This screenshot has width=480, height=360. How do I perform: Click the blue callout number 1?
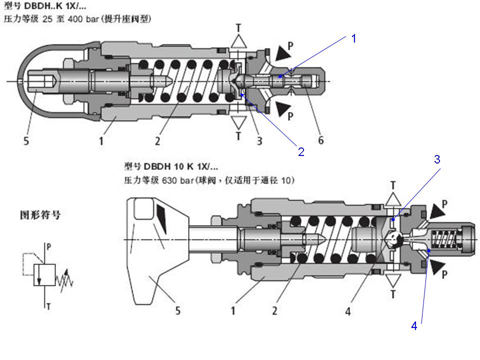coord(353,38)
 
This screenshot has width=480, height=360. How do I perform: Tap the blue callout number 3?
coord(436,159)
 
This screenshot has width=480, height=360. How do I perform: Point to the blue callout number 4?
coord(414,326)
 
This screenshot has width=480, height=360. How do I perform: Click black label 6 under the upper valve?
coord(320,141)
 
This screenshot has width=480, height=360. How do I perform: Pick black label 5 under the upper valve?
coord(26,141)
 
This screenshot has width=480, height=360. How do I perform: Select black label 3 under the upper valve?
coord(259,141)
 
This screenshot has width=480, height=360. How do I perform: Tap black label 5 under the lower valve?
coord(177,311)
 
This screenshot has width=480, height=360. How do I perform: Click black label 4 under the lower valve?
coord(348,311)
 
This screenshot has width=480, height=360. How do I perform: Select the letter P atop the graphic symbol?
coord(48,246)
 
